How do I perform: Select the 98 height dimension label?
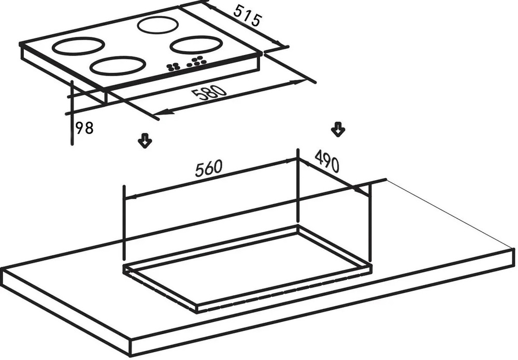(x=84, y=128)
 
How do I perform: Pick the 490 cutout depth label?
(x=326, y=162)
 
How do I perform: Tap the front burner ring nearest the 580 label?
(x=117, y=66)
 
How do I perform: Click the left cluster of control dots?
(x=174, y=66)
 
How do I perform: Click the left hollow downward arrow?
(x=145, y=140)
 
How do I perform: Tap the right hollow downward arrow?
(x=338, y=129)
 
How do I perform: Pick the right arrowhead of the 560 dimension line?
(x=292, y=161)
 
